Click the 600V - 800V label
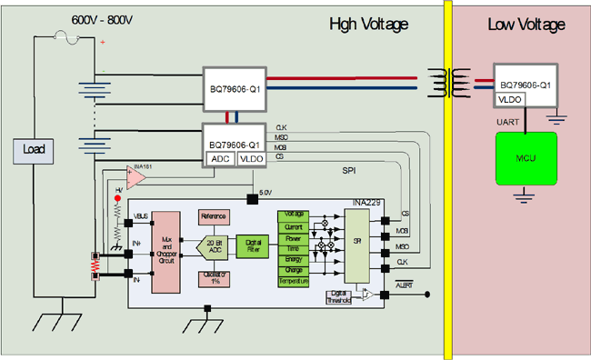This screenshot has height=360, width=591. pyautogui.click(x=103, y=20)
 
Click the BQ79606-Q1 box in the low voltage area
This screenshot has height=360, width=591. pyautogui.click(x=524, y=83)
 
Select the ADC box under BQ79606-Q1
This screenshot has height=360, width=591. pyautogui.click(x=221, y=158)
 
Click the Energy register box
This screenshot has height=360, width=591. pyautogui.click(x=293, y=258)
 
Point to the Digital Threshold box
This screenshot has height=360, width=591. pyautogui.click(x=338, y=296)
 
